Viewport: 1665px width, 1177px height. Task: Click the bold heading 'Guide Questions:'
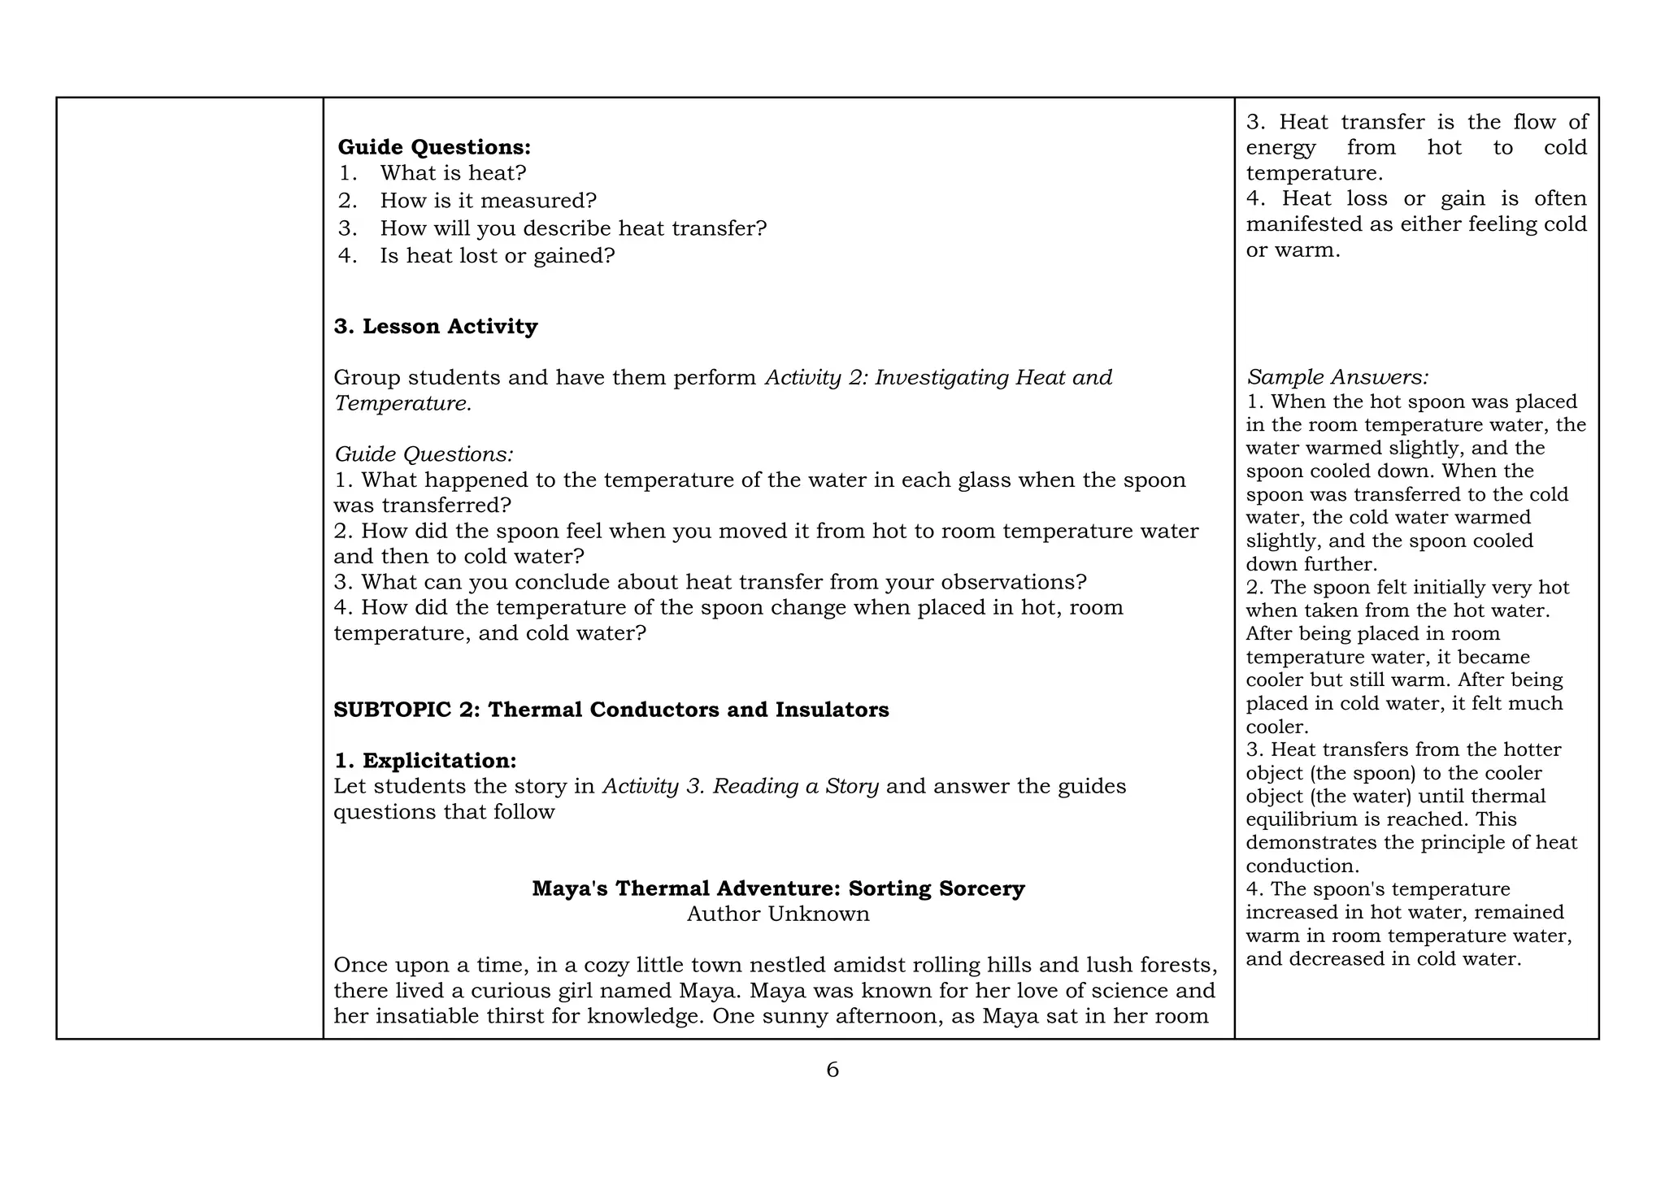434,147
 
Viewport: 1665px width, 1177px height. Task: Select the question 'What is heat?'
453,173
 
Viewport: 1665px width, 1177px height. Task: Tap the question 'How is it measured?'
488,201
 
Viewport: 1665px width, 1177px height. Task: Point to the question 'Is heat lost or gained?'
497,256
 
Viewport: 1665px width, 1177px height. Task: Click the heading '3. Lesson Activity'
436,327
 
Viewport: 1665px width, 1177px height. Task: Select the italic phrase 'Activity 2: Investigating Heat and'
938,378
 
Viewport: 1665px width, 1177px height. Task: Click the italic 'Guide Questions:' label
424,454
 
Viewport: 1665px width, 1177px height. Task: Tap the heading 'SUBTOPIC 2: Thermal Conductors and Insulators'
611,710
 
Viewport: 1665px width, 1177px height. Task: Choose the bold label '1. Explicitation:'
425,762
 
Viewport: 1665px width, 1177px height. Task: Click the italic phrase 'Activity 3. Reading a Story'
740,787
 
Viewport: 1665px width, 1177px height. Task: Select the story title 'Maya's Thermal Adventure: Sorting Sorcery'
778,888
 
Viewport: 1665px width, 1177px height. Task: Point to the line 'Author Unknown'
778,914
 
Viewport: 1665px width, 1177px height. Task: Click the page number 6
832,1071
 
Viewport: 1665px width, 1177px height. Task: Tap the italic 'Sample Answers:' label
1337,378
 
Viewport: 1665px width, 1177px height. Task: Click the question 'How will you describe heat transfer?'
573,228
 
